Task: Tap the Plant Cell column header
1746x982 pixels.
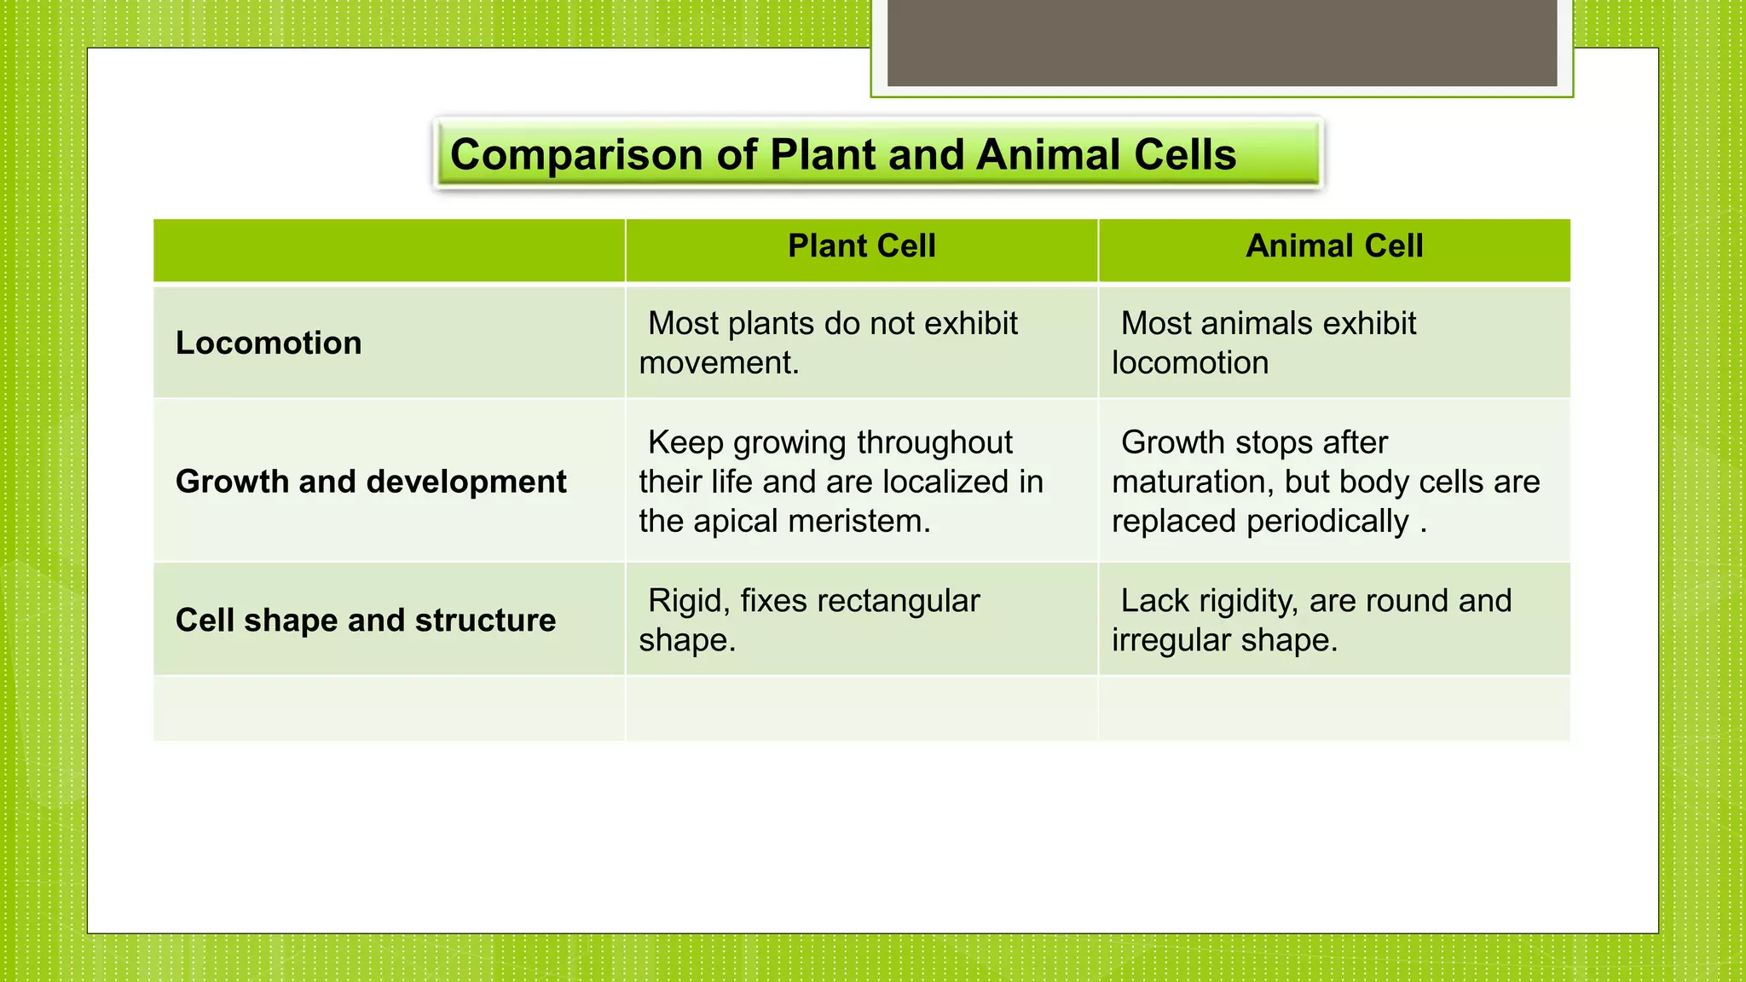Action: click(861, 246)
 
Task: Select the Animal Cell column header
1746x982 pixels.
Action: click(1334, 246)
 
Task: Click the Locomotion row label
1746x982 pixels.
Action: click(269, 343)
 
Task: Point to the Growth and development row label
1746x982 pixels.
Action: click(371, 482)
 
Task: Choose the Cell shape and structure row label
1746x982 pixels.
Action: click(366, 620)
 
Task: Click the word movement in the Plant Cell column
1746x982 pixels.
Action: click(718, 363)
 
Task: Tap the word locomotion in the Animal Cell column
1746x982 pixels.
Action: click(1190, 363)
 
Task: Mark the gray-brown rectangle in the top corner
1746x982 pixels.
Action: click(1222, 43)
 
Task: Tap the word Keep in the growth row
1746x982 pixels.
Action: click(685, 443)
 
